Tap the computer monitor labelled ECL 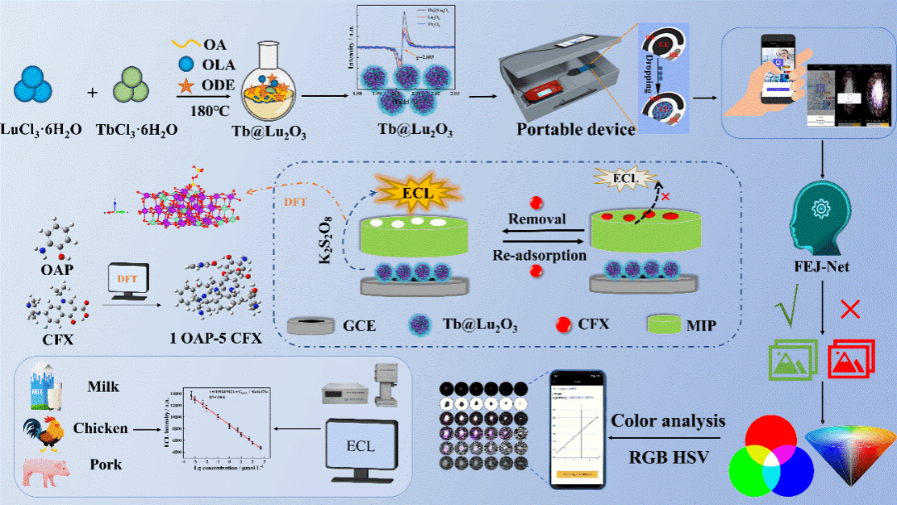pyautogui.click(x=361, y=449)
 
